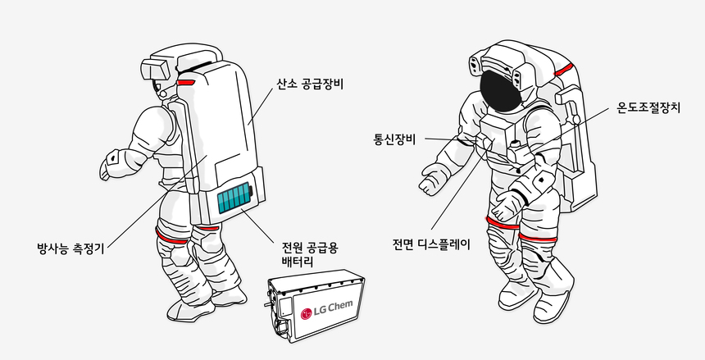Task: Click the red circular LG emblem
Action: (x=307, y=313)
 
